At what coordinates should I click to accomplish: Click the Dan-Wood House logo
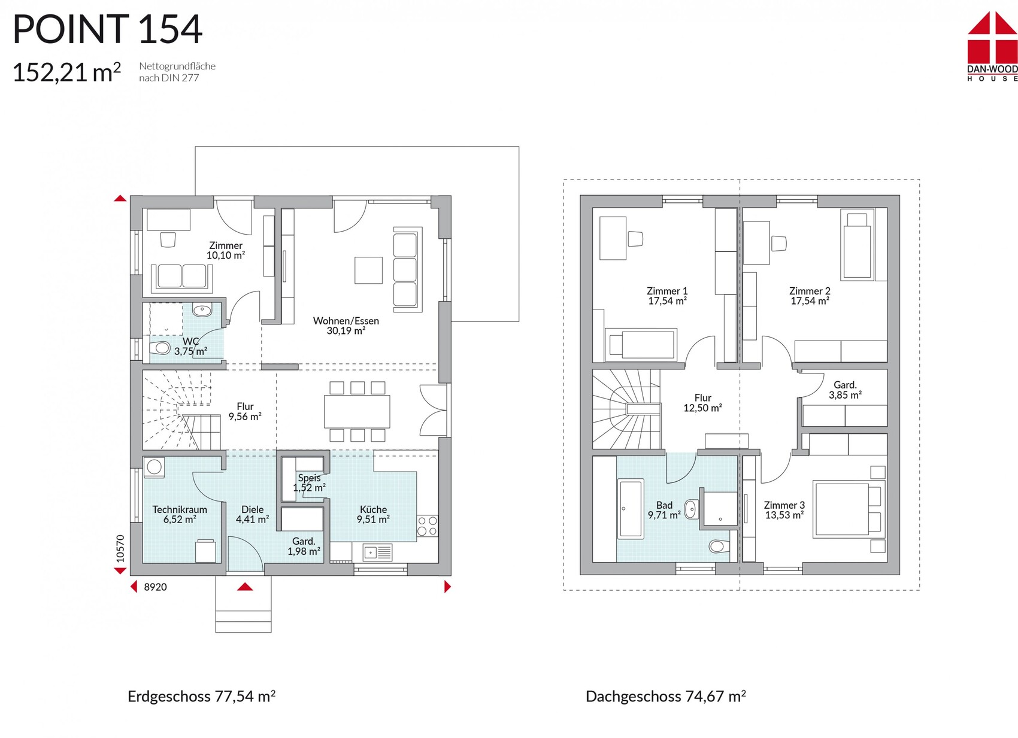coord(993,47)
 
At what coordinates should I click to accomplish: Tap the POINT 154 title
coord(108,29)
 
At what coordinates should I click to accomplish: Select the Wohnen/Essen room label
coord(346,321)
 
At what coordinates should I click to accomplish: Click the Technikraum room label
coord(180,509)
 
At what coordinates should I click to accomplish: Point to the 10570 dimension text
coord(120,549)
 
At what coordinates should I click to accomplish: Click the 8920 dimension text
coord(156,587)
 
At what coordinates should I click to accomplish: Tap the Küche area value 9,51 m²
coord(373,520)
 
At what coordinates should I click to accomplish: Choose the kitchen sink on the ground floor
coord(377,552)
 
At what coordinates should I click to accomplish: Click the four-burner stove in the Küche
coord(427,526)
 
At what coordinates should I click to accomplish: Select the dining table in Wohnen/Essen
coord(357,411)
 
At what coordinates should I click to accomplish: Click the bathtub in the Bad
coord(631,509)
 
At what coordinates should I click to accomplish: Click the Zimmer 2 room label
coord(810,291)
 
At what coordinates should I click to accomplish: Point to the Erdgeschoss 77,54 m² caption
coord(201,696)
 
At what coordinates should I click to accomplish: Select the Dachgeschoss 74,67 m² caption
coord(666,696)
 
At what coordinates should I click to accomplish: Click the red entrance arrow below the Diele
coord(245,587)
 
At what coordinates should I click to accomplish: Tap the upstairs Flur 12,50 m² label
coord(702,403)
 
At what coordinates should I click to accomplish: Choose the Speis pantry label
coord(309,478)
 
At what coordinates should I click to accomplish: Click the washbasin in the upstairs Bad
coord(691,509)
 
